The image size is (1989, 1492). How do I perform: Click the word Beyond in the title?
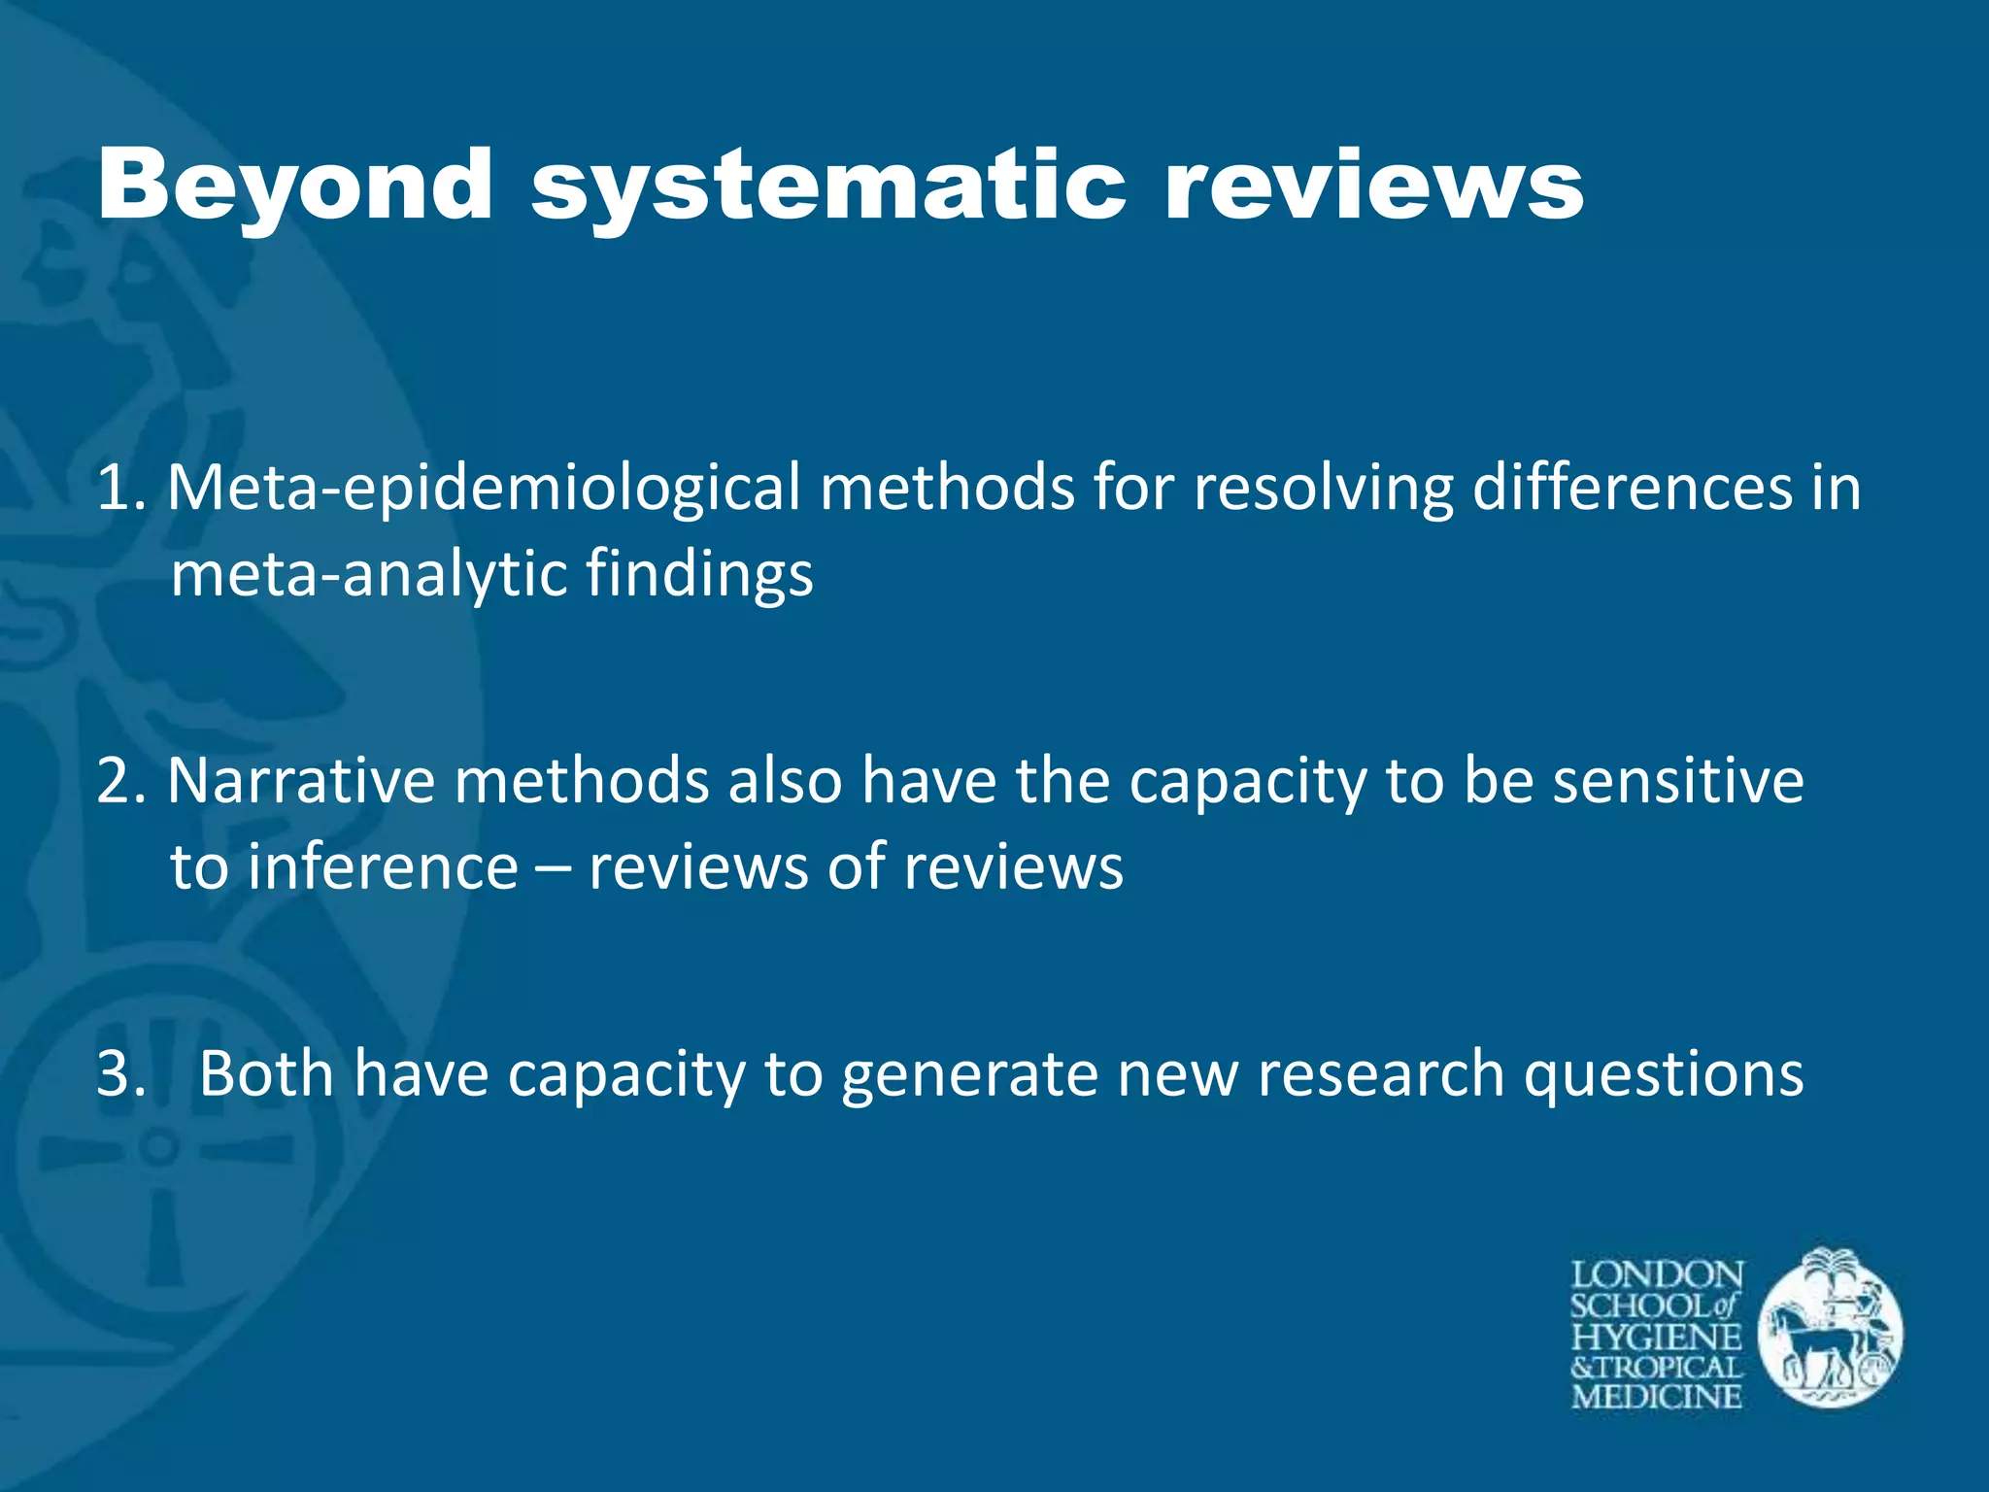point(295,185)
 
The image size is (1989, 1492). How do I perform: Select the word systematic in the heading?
point(828,185)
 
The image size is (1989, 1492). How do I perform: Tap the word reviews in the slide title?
point(1374,185)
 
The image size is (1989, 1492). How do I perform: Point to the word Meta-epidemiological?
point(484,488)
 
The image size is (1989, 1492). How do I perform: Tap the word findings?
point(699,575)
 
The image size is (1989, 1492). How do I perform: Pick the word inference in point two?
point(383,866)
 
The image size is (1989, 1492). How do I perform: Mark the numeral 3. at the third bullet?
point(120,1073)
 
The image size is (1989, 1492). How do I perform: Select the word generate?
point(969,1075)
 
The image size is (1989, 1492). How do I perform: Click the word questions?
point(1664,1075)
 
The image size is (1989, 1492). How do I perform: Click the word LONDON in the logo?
point(1657,1275)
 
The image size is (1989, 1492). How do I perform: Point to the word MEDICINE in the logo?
point(1657,1397)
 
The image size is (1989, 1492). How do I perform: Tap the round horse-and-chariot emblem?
point(1831,1328)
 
